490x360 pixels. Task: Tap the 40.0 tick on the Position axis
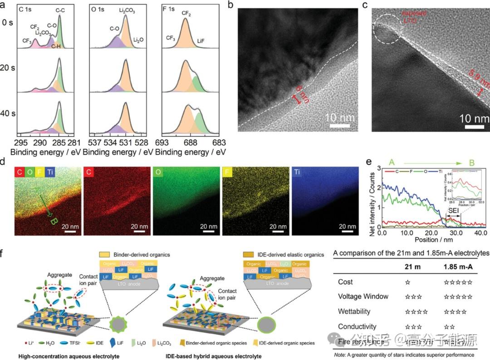tap(480, 232)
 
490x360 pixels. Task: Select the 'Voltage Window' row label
tap(363, 296)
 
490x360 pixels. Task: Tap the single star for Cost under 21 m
tap(407, 282)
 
